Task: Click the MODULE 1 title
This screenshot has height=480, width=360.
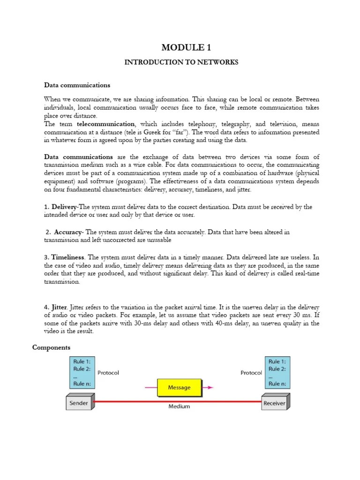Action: tap(182, 47)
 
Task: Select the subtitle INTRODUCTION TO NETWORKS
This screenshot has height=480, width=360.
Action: tap(181, 62)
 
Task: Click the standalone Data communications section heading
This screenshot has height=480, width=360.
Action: tap(77, 85)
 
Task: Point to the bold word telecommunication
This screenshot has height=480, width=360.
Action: tap(105, 124)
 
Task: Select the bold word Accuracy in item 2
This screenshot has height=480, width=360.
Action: tap(68, 232)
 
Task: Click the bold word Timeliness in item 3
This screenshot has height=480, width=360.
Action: tap(67, 257)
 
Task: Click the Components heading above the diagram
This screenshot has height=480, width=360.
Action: tap(51, 347)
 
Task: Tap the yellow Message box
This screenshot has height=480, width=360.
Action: tap(179, 388)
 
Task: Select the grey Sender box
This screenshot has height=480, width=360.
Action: tap(78, 403)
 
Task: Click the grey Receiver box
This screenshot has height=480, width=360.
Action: tap(275, 403)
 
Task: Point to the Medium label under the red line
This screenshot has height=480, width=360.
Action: tap(179, 406)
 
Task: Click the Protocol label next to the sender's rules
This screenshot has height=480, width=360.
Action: tap(108, 373)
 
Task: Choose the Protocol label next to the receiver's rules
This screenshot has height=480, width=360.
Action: tap(251, 373)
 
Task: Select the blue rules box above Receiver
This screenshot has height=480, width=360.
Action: tap(277, 373)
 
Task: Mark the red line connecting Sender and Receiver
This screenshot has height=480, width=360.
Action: tap(141, 401)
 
